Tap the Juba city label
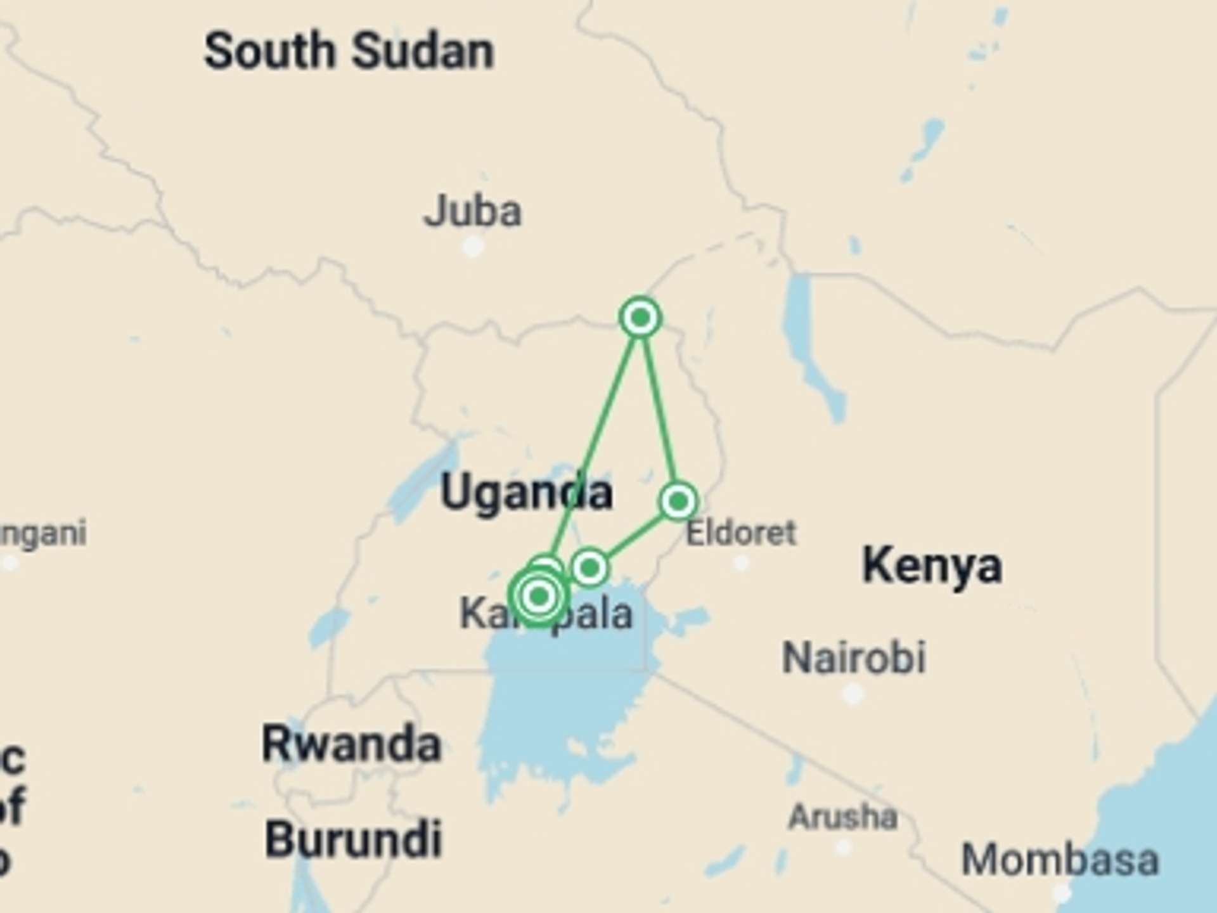tap(472, 211)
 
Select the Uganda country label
tap(526, 493)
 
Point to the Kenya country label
tap(932, 566)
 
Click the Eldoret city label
tap(741, 533)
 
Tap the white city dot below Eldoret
tap(741, 562)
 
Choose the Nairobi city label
tap(854, 657)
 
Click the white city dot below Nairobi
tap(853, 693)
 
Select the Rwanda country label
tap(351, 744)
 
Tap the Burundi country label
tap(353, 839)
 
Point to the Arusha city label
tap(843, 817)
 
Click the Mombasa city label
tap(1060, 860)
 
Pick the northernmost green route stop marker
tap(640, 317)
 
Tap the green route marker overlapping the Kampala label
tap(539, 596)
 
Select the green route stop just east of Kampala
tap(589, 567)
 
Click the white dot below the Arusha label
tap(843, 847)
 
